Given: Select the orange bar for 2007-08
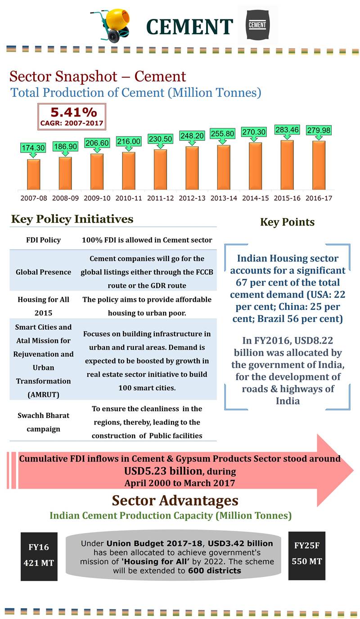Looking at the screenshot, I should click(33, 174).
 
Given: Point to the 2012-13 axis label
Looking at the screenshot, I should click(192, 197).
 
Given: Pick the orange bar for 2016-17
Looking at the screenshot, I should click(319, 165).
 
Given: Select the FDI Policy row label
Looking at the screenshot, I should click(43, 240).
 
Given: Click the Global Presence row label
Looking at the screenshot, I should click(43, 272).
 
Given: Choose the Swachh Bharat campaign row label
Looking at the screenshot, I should click(43, 422).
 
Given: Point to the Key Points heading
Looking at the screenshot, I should click(287, 222).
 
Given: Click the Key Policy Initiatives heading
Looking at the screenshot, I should click(72, 219).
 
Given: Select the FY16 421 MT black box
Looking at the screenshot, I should click(39, 556).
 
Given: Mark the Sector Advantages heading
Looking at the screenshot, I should click(175, 500).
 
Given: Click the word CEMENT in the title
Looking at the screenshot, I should click(189, 27).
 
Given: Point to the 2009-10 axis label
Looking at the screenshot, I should click(97, 197).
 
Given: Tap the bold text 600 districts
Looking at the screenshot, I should click(215, 570).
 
